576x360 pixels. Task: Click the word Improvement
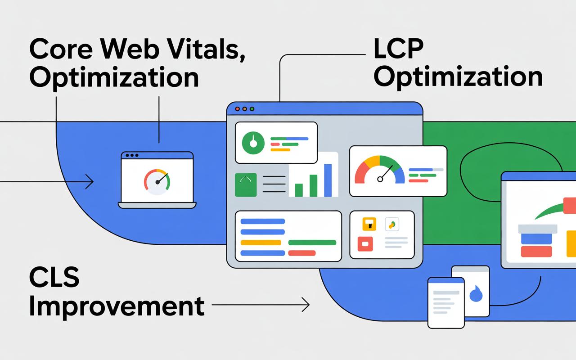point(116,306)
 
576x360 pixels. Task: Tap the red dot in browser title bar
point(237,109)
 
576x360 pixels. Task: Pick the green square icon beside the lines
point(246,184)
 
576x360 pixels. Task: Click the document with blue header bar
point(445,302)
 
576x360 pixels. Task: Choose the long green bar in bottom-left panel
point(312,243)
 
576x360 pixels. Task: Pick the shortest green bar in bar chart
point(299,189)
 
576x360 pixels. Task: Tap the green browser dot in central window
point(252,109)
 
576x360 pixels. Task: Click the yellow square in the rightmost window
point(571,243)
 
